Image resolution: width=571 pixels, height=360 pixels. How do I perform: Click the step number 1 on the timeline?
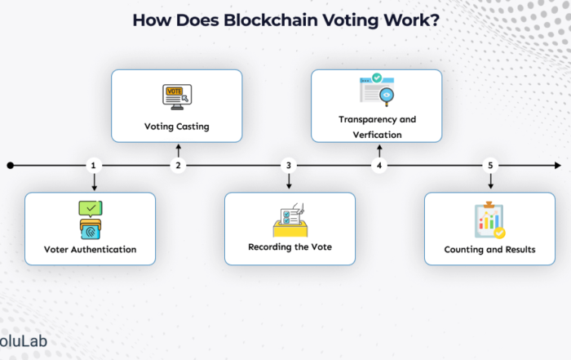[x=94, y=166]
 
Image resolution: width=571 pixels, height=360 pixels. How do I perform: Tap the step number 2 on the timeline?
[x=178, y=166]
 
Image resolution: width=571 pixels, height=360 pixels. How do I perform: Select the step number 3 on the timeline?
[x=289, y=166]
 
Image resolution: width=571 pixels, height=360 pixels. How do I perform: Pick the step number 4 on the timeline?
[x=378, y=166]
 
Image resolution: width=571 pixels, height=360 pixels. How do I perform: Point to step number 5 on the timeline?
[x=490, y=166]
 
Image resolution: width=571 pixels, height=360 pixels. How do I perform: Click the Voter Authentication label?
[x=90, y=249]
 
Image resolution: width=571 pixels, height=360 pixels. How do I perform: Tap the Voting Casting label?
[x=176, y=127]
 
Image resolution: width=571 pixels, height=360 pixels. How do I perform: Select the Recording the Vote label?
[x=290, y=247]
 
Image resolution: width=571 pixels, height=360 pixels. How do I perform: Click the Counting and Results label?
[x=489, y=249]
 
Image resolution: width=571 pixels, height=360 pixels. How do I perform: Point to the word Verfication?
[x=377, y=133]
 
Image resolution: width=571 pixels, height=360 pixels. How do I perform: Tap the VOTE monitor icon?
[x=176, y=96]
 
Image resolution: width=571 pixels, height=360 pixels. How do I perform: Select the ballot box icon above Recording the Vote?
[x=289, y=220]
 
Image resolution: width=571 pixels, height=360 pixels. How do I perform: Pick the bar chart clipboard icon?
[x=489, y=220]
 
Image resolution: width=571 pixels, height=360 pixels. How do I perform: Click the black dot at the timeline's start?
[x=10, y=166]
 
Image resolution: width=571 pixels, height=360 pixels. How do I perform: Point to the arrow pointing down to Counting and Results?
[x=490, y=183]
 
